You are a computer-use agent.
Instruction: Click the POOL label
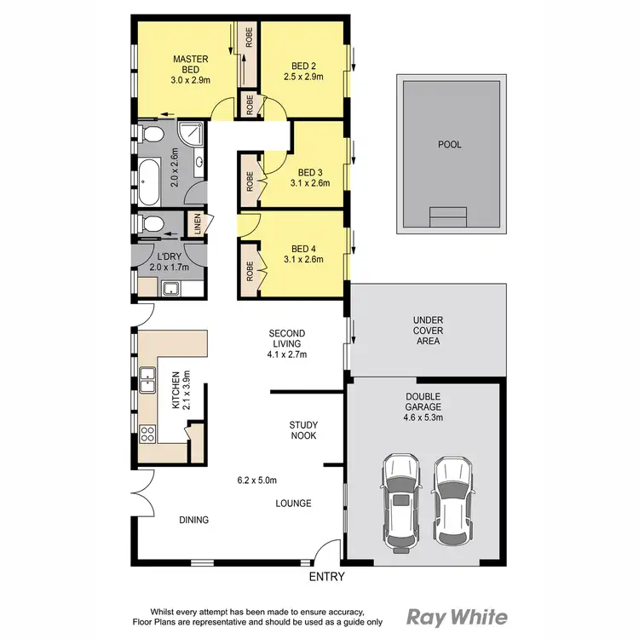[449, 145]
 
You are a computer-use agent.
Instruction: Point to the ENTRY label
[326, 577]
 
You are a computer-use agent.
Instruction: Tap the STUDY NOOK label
[302, 429]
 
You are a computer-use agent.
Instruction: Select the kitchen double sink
[147, 377]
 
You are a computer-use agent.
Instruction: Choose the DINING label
[193, 520]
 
